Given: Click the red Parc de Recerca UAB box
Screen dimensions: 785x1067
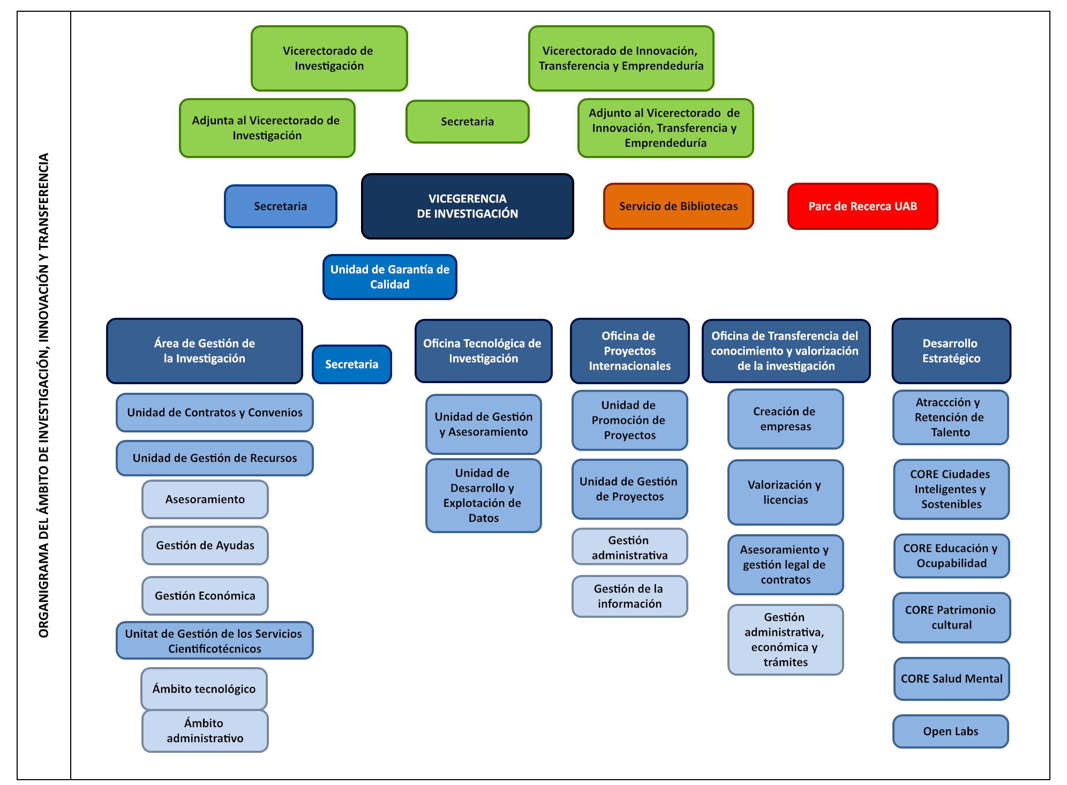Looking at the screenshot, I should tap(862, 206).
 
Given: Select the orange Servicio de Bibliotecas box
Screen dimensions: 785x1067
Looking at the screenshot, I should tap(678, 206).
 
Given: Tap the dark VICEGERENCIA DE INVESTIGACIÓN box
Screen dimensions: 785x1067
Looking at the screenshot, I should tap(467, 206).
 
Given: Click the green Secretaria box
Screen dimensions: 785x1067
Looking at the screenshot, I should tap(467, 122).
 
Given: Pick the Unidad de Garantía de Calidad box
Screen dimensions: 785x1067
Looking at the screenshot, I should tap(389, 277).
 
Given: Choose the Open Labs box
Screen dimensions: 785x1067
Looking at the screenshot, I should tap(950, 731).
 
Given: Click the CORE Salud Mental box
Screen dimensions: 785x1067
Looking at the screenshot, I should tap(951, 679).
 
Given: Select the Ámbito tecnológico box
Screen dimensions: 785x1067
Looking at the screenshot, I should tap(204, 689).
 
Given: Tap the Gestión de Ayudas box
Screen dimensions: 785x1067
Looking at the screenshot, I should tap(205, 545).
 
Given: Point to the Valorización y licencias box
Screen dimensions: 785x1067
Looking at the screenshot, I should tap(785, 492).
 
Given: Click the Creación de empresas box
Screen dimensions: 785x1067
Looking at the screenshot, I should tap(785, 419).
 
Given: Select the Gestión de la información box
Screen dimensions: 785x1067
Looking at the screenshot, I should tap(629, 596).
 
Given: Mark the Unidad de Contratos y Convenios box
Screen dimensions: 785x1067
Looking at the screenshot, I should tap(214, 413).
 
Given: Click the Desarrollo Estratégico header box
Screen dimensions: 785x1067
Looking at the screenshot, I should tap(951, 351).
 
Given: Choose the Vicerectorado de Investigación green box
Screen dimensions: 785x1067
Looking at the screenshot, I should tap(329, 58).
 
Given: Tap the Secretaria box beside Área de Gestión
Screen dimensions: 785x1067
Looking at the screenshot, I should tap(351, 364).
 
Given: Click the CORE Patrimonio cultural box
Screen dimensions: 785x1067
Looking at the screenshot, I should tap(951, 617).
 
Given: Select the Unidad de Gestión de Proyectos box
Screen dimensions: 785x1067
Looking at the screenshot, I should tap(629, 489).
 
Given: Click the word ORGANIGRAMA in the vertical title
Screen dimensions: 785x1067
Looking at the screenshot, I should tap(44, 589).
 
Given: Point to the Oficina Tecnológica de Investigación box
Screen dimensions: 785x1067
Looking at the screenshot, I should tap(483, 351).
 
